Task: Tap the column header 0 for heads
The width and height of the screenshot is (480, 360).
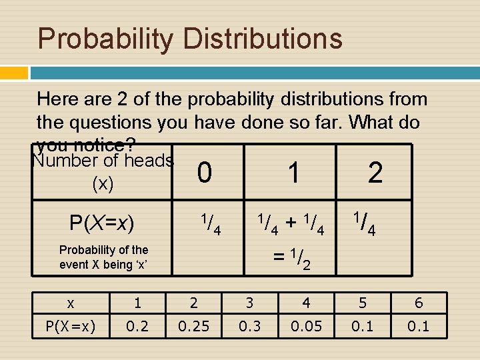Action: tap(205, 173)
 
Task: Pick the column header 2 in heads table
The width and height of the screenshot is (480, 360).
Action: tap(375, 173)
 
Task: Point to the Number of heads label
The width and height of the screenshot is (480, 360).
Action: tap(103, 161)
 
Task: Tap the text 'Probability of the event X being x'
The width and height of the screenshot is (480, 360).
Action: tap(103, 257)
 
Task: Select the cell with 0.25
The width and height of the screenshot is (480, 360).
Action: tap(193, 326)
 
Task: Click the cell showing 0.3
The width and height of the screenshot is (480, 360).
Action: tap(249, 326)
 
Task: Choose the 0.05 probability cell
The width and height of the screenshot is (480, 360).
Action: tap(305, 326)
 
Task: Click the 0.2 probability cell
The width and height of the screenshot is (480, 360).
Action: tap(137, 326)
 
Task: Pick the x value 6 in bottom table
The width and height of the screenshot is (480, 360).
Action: tap(419, 303)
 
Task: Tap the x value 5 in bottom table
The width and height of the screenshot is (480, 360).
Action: tap(362, 303)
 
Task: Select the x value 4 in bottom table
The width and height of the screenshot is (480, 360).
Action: tap(305, 303)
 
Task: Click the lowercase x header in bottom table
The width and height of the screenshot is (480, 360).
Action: tap(70, 303)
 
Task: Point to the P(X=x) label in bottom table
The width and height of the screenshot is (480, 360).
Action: tap(70, 326)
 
